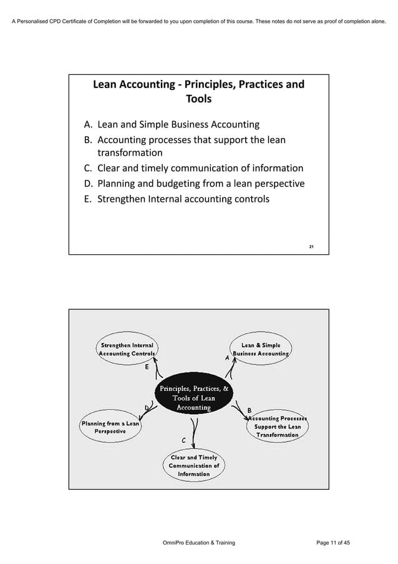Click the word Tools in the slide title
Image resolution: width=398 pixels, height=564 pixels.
click(x=198, y=99)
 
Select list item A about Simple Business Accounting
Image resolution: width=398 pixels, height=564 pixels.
click(x=172, y=124)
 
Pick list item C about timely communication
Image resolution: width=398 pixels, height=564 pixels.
click(x=194, y=168)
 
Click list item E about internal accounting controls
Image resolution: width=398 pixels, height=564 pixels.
click(x=177, y=199)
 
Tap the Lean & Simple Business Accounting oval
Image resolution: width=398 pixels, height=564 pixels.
click(x=261, y=349)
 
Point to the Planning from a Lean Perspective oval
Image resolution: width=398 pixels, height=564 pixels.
click(x=110, y=427)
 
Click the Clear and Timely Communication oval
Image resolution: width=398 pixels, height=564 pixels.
click(x=193, y=466)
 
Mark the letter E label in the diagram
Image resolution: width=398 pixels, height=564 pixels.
click(x=147, y=367)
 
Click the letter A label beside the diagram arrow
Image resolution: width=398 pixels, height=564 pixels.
click(x=227, y=358)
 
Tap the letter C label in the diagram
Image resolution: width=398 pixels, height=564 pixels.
click(x=183, y=440)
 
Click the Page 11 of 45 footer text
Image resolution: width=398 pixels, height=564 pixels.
click(x=332, y=543)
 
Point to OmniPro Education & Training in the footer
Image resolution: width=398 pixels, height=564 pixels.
click(x=198, y=543)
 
